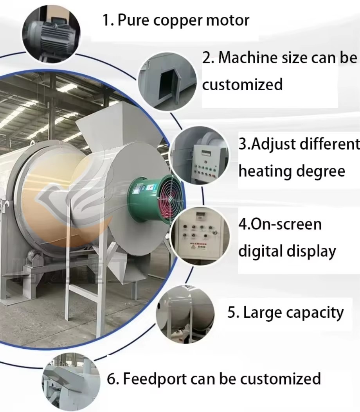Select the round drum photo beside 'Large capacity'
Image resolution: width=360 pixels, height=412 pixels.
pos(185,314)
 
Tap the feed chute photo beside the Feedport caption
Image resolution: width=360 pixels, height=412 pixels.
pos(71,382)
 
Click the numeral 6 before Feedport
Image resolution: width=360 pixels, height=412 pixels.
pos(112,379)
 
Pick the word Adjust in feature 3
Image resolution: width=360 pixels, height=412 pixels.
pos(271,145)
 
